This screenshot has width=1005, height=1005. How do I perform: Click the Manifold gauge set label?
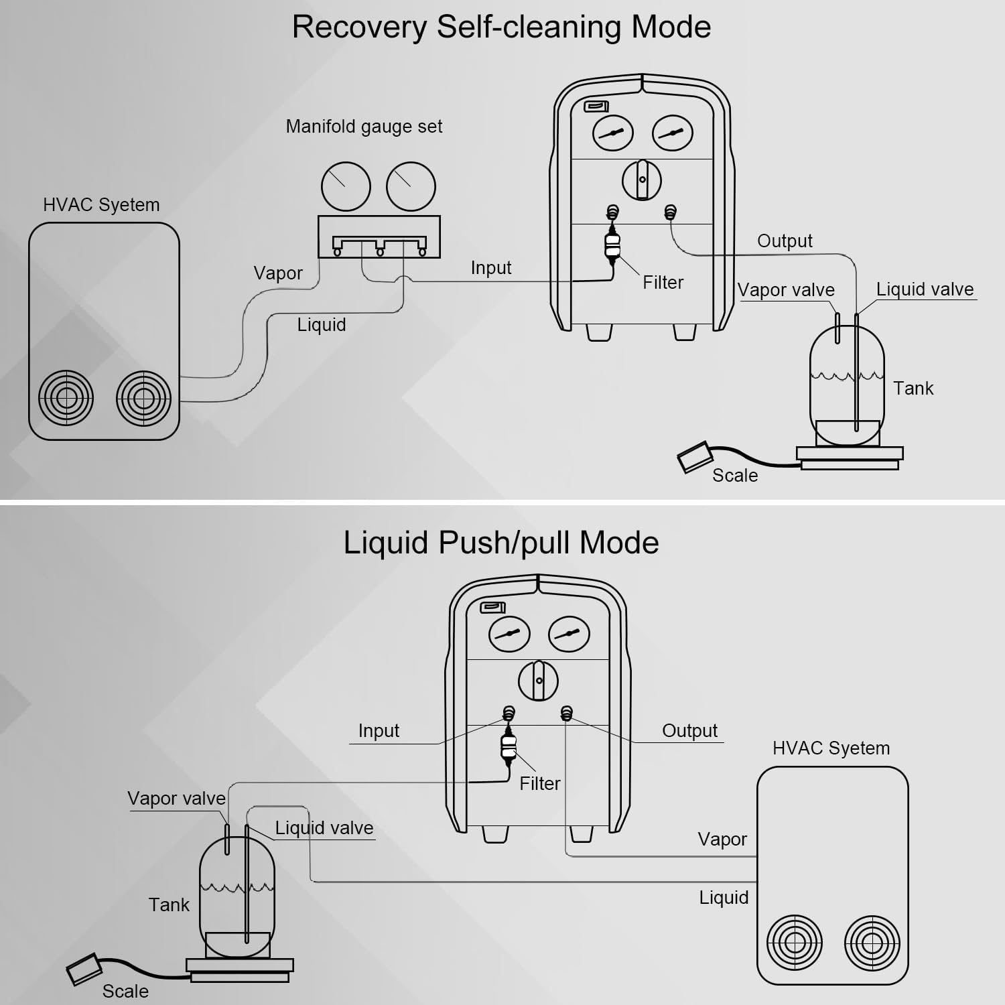364,127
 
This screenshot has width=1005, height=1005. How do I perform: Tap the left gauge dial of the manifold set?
346,186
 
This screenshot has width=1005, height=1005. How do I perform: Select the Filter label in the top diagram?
663,283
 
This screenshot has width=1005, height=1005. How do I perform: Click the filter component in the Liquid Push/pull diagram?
509,748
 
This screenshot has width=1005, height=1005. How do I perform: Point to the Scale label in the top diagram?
735,476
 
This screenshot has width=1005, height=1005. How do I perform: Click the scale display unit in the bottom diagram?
83,969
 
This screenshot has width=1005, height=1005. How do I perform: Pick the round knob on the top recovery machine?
642,180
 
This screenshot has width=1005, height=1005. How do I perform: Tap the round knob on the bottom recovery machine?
538,681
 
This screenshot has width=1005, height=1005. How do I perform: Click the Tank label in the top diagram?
913,389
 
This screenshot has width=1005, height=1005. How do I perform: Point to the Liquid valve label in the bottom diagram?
324,828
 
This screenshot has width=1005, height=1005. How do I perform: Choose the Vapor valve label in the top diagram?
786,290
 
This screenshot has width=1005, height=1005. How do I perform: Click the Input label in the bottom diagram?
379,731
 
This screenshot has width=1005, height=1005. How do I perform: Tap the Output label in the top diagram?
785,241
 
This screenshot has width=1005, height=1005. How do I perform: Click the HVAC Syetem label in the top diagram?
101,205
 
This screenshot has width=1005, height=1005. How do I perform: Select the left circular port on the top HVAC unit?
66,398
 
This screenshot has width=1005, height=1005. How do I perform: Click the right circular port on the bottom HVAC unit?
871,943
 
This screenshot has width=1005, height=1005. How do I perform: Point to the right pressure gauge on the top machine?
672,133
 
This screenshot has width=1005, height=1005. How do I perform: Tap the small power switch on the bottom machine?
493,608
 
